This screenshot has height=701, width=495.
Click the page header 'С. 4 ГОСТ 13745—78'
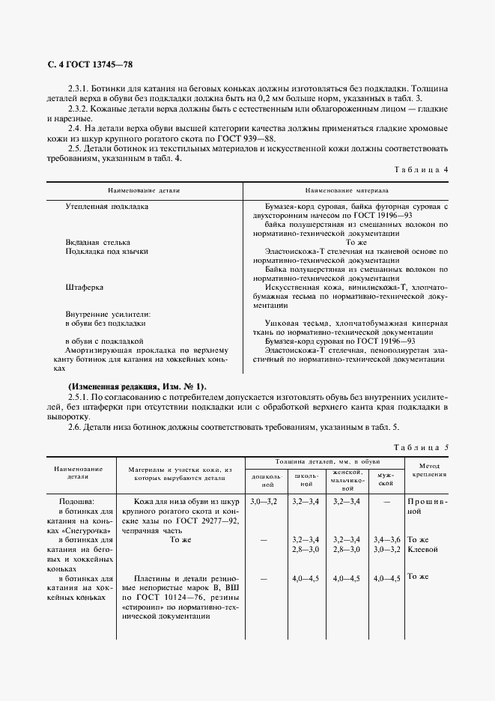[90, 65]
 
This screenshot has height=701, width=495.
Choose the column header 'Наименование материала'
[346, 191]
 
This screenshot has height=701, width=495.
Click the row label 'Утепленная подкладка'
[106, 205]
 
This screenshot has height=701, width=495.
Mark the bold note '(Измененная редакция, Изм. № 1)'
[136, 386]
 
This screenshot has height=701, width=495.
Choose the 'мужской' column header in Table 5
[386, 479]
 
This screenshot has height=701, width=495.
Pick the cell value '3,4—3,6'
[386, 539]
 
